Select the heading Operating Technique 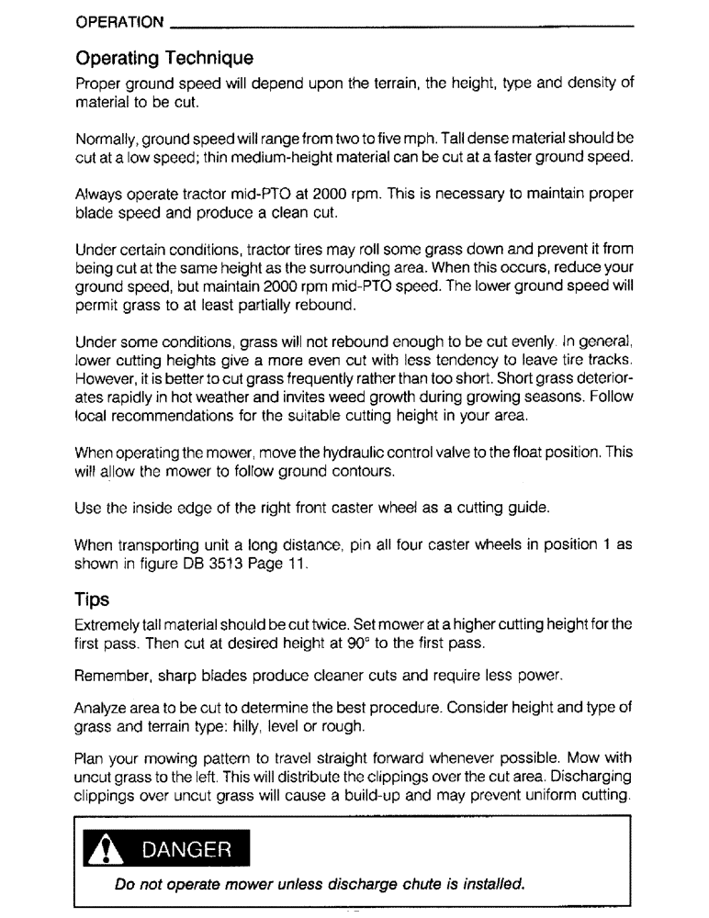(164, 60)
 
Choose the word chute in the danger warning (397, 886)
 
